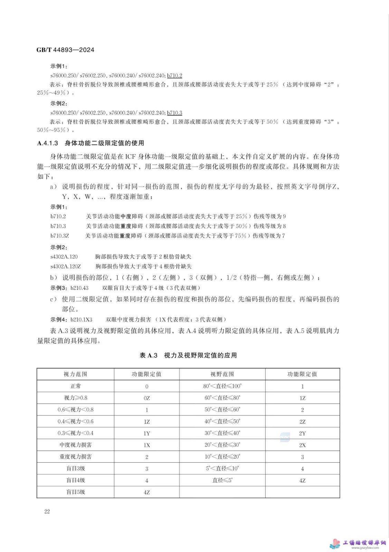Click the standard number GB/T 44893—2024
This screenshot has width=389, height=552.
[65, 50]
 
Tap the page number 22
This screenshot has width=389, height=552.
[47, 511]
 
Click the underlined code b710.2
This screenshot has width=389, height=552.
[174, 76]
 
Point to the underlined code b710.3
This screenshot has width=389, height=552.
[174, 113]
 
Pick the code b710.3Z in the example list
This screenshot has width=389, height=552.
[60, 236]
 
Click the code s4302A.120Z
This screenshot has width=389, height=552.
[66, 266]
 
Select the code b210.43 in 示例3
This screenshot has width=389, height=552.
[79, 288]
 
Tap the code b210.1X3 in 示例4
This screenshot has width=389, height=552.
[82, 319]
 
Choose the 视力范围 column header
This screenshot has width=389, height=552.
[75, 374]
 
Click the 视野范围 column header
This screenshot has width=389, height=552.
[222, 374]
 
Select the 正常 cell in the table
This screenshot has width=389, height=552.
[75, 386]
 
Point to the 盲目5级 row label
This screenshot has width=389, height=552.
[75, 492]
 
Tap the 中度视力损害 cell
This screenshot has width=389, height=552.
[75, 445]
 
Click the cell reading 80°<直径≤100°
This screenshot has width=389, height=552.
[222, 386]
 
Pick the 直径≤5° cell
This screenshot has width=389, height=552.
[222, 480]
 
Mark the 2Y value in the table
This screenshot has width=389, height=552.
[302, 433]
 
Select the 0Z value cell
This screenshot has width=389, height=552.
[146, 398]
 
